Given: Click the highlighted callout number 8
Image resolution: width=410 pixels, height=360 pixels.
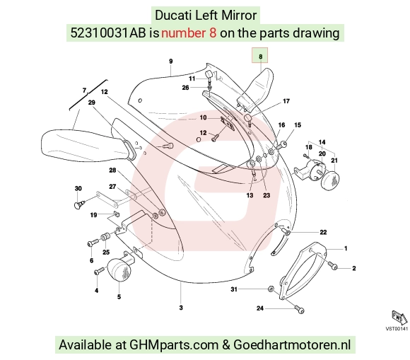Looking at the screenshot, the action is (260, 57).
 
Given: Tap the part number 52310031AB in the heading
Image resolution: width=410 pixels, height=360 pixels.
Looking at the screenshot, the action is (108, 33).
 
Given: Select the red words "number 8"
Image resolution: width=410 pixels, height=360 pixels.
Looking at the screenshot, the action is (189, 33).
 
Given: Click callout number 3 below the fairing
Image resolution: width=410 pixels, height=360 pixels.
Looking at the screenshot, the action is (181, 308).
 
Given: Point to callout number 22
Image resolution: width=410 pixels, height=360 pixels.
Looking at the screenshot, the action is (323, 232).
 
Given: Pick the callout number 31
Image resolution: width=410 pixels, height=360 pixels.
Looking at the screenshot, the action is (234, 289).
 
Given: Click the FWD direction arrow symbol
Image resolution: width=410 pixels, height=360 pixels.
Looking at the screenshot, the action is (399, 318).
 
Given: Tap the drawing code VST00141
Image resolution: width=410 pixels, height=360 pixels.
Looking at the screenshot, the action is (397, 329).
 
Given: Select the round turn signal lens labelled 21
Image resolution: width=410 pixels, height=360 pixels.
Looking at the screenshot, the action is (331, 180).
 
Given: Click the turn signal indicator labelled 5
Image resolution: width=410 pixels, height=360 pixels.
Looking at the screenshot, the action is (119, 270).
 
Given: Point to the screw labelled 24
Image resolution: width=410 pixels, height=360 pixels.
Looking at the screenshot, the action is (299, 309).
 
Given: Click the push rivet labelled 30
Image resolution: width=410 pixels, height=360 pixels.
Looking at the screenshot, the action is (79, 204).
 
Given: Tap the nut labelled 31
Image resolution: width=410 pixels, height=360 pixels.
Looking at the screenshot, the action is (271, 289).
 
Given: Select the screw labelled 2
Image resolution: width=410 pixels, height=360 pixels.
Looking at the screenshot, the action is (332, 265).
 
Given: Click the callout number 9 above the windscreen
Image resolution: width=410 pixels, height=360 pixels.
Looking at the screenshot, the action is (171, 62).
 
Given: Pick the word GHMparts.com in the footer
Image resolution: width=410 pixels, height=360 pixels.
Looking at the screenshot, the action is (174, 344).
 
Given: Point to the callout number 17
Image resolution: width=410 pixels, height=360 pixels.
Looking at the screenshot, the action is (286, 101).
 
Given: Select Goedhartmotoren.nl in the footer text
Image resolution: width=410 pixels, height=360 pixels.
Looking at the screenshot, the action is (292, 344).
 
